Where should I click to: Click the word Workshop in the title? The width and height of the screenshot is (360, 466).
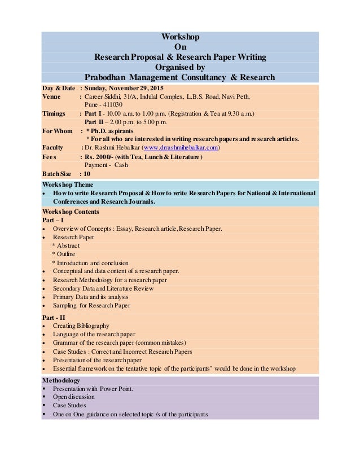[180, 37]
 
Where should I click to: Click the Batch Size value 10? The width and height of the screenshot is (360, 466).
[87, 174]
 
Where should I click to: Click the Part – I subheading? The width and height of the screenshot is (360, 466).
[53, 220]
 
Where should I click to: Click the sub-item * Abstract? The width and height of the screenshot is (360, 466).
[66, 245]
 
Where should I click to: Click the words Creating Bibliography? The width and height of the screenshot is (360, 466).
[81, 326]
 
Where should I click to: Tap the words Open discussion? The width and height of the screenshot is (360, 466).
[74, 397]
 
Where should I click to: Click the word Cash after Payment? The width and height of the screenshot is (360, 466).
[121, 165]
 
